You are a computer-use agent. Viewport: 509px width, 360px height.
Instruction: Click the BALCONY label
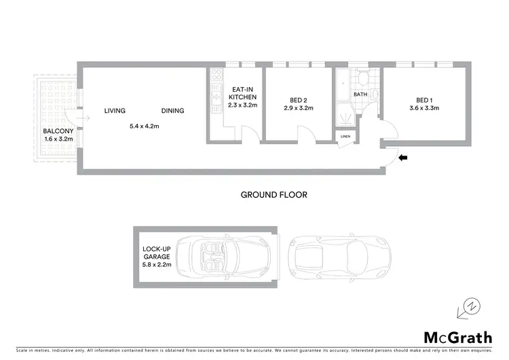(x=54, y=131)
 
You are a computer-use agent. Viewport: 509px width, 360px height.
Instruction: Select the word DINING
(x=172, y=111)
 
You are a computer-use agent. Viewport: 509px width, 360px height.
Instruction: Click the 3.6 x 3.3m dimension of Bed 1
(x=424, y=107)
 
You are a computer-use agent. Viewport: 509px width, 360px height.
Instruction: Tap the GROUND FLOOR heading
(x=274, y=195)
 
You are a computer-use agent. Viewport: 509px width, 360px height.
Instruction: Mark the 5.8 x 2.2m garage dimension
(x=157, y=265)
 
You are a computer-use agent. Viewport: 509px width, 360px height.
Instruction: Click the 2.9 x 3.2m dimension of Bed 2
(x=297, y=107)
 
